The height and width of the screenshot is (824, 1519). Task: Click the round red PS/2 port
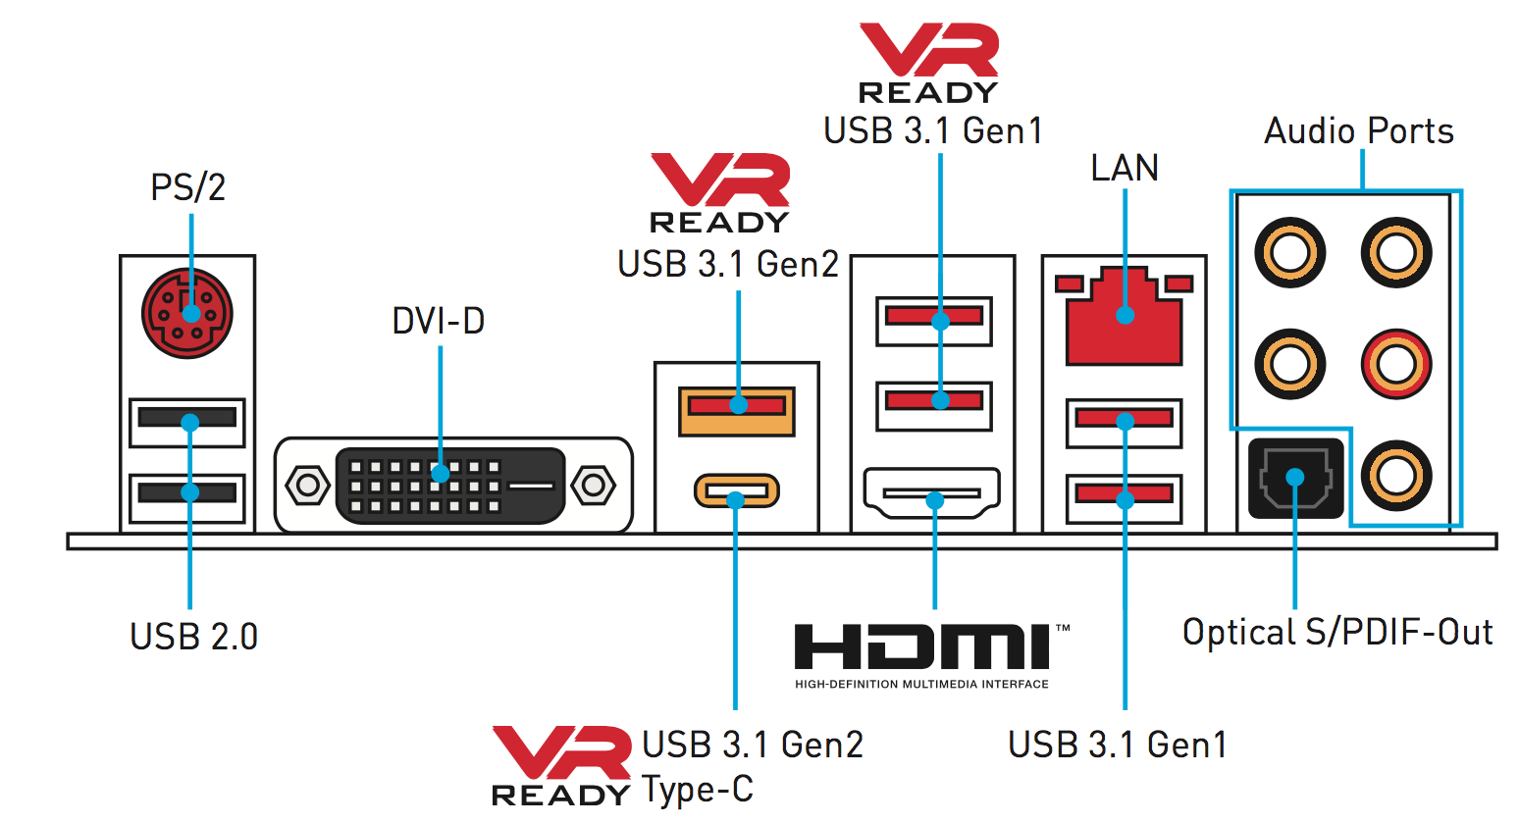(187, 313)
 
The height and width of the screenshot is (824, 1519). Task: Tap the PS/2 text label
(187, 186)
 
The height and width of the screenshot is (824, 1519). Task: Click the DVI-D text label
(438, 321)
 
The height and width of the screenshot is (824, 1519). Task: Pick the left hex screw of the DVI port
(308, 485)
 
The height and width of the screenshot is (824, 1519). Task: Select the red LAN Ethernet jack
(1125, 316)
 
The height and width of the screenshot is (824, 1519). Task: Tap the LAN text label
(1125, 168)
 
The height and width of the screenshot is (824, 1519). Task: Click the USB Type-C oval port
(736, 490)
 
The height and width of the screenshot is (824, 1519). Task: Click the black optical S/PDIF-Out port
(1294, 479)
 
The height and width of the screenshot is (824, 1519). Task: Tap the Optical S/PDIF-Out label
(1337, 633)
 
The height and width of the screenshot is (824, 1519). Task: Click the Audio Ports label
(1358, 130)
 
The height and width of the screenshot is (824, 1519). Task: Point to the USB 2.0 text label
(193, 637)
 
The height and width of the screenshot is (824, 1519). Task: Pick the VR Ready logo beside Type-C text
(560, 766)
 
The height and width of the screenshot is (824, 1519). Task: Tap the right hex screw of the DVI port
(592, 485)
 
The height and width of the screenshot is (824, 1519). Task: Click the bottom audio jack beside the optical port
(1395, 477)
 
